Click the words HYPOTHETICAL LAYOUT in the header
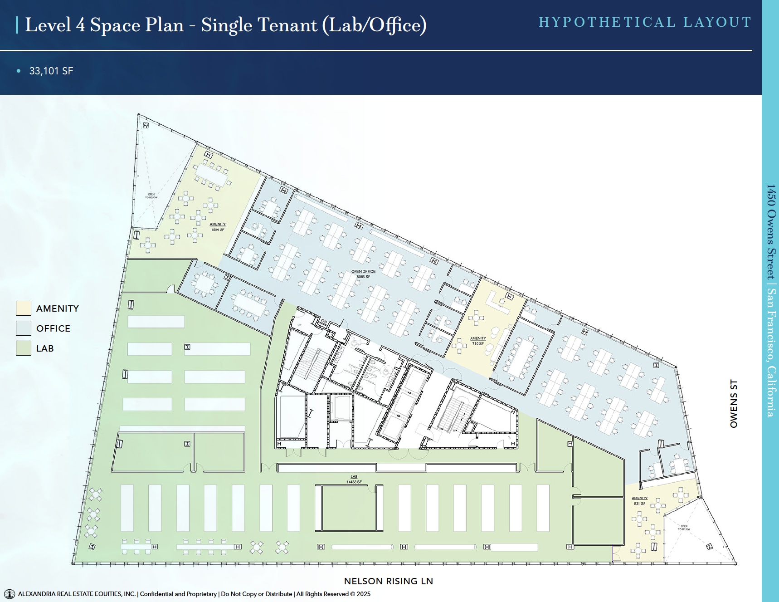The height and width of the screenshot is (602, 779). [x=644, y=22]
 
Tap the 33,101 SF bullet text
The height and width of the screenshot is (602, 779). [x=51, y=71]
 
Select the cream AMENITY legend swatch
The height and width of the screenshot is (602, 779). [x=24, y=308]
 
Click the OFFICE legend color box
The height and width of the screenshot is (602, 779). [x=24, y=328]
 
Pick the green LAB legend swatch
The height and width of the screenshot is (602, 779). [x=24, y=348]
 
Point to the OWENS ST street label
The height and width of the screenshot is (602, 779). [x=733, y=404]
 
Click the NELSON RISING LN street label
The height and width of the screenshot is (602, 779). [x=388, y=581]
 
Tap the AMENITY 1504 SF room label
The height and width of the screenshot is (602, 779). [x=218, y=227]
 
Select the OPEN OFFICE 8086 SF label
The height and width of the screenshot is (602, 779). [x=363, y=274]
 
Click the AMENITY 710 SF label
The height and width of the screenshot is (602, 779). [x=478, y=341]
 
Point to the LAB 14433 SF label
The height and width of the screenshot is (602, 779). [x=354, y=480]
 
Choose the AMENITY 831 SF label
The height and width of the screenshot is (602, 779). [x=639, y=501]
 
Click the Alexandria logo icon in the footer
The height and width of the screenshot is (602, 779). [x=9, y=594]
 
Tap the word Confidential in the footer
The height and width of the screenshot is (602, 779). [x=156, y=594]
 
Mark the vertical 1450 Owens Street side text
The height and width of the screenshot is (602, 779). [x=771, y=299]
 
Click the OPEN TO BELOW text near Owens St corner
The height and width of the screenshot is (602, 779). [x=684, y=528]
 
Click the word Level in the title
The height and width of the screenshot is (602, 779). [x=48, y=25]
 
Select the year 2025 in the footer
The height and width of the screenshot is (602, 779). [x=363, y=594]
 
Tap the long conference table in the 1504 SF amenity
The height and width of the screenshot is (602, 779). [x=210, y=175]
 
